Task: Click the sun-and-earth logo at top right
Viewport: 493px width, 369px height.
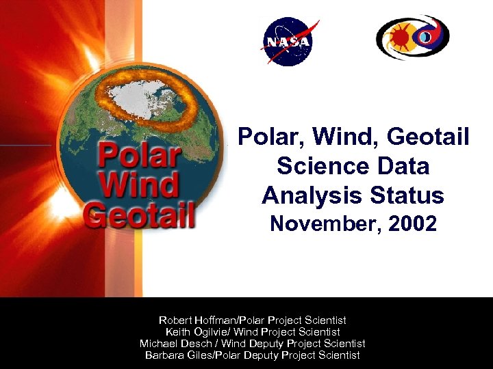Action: (x=412, y=38)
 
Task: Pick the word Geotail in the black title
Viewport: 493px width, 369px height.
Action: (x=428, y=137)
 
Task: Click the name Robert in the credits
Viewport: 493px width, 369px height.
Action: (x=176, y=320)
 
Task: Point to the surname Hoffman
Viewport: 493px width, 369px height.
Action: (x=217, y=320)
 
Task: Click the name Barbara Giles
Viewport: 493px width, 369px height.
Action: (x=177, y=355)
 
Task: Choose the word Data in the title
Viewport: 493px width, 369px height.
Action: (x=401, y=166)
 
